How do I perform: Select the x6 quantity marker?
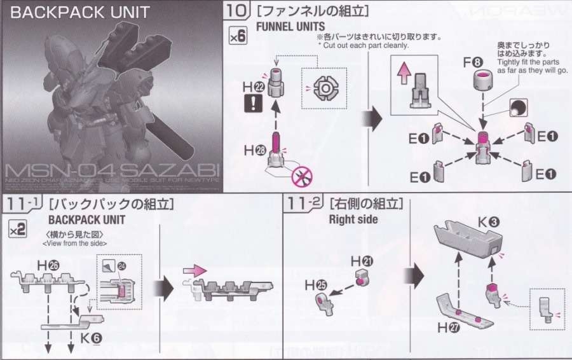coord(237,37)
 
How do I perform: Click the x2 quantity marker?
coord(17,230)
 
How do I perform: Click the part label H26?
coord(45,264)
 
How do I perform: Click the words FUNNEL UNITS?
coord(290,26)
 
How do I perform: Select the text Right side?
coord(353,219)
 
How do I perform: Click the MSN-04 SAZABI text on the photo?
coord(111,171)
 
